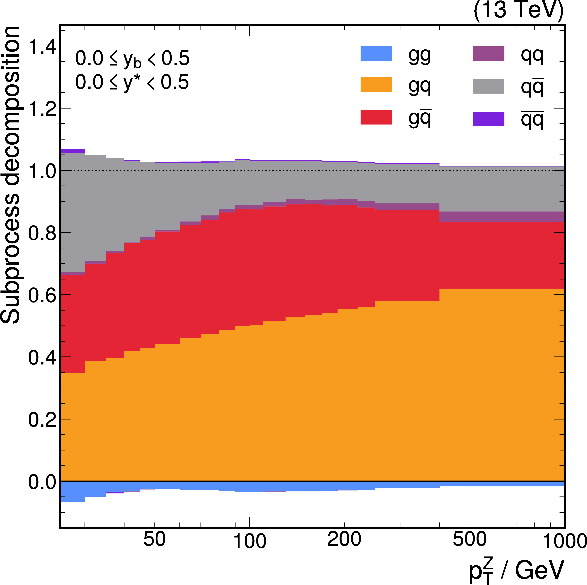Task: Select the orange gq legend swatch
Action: tap(376, 85)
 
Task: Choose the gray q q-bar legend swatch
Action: tap(489, 86)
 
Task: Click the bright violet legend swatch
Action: tap(489, 119)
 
